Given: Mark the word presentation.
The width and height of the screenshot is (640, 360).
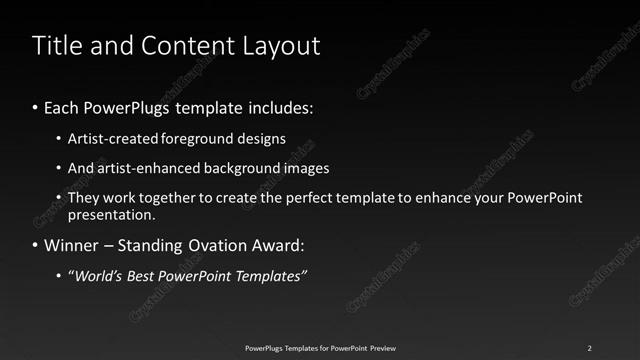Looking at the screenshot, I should coord(111,214).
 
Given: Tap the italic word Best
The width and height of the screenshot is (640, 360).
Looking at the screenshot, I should coord(138,275).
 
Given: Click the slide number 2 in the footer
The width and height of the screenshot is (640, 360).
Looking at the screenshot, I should coord(590,348).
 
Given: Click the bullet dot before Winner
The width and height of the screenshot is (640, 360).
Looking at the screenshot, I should coord(37,245).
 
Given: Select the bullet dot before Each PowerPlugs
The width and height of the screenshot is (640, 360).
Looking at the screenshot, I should coord(37,107).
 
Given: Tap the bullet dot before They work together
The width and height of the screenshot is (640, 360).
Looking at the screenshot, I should coord(59,198).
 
